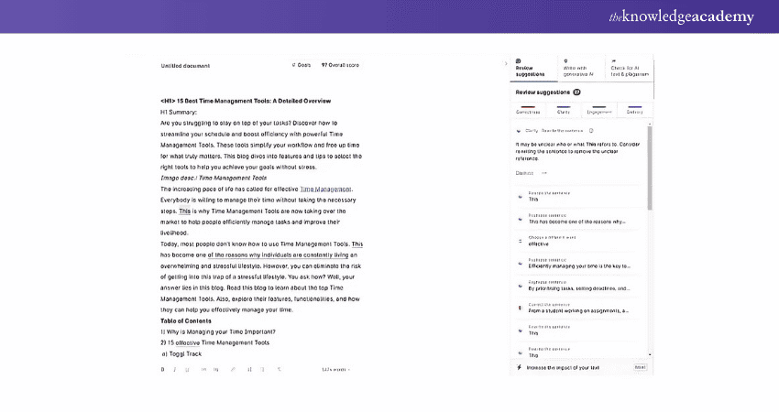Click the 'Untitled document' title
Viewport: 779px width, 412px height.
coord(185,66)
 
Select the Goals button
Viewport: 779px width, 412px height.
coord(301,65)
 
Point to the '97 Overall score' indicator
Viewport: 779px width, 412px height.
coord(340,65)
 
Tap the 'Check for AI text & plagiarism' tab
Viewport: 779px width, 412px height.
coord(630,68)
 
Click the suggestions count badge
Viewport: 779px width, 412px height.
coord(576,92)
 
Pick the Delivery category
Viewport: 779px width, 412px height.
coord(633,112)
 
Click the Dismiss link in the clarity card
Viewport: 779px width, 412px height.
coord(524,172)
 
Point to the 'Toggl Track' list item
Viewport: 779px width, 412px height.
coord(183,353)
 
